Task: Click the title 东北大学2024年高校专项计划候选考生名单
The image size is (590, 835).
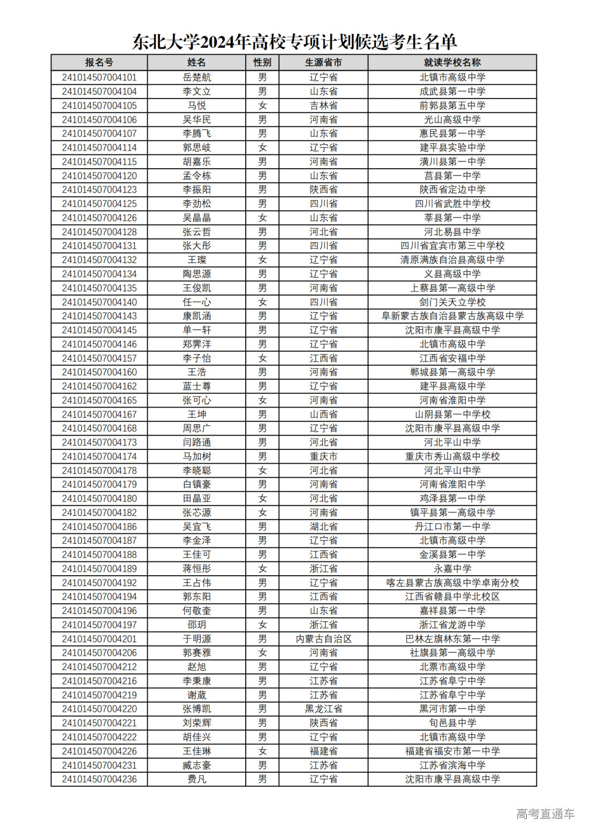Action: [294, 42]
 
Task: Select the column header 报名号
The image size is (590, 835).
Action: [99, 63]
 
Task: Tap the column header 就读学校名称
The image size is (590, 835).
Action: [452, 63]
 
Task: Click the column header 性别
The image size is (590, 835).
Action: [262, 63]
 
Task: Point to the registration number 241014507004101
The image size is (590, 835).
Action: [99, 78]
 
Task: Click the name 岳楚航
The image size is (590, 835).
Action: [196, 78]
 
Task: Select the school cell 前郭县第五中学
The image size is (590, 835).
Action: [452, 106]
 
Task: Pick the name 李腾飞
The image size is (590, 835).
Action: [196, 133]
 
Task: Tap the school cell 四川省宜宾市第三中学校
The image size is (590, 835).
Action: [452, 246]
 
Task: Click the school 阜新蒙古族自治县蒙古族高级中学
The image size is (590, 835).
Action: [452, 316]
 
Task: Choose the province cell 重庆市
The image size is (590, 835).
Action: [323, 456]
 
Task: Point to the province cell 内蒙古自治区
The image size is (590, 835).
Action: [323, 639]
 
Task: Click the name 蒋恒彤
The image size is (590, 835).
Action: [196, 569]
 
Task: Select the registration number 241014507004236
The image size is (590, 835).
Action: [99, 779]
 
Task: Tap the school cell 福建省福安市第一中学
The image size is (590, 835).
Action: [452, 751]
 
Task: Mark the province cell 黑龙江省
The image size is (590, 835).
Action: [323, 709]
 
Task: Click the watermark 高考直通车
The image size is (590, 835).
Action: [545, 814]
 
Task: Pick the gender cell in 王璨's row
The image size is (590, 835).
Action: [262, 260]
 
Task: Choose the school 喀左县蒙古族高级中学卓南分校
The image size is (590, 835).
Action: [452, 583]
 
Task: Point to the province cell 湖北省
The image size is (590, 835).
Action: [323, 526]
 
